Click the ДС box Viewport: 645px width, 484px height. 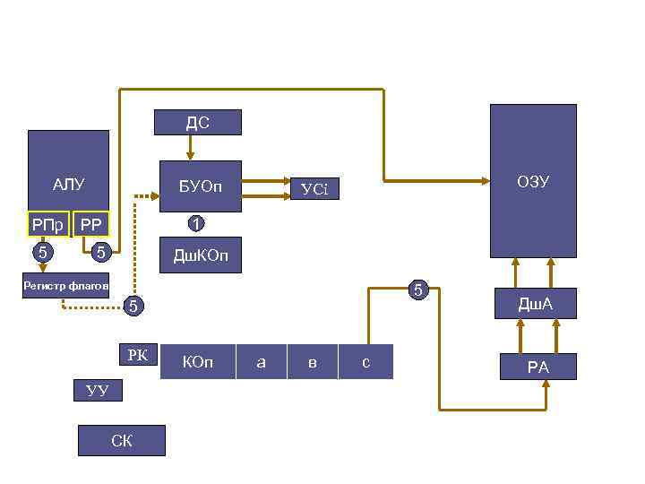[x=198, y=122]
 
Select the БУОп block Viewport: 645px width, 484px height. [x=200, y=186]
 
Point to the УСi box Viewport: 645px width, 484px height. [x=314, y=188]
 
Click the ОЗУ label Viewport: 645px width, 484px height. [x=532, y=182]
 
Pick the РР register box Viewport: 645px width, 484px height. [x=90, y=223]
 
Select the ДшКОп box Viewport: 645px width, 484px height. [x=200, y=257]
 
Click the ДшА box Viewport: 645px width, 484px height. [x=536, y=305]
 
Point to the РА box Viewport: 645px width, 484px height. [x=537, y=367]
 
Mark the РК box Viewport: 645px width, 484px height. [x=137, y=355]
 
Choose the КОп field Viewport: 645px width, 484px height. [x=197, y=362]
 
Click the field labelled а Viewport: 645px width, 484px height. [x=261, y=362]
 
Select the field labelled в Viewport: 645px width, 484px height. [x=312, y=362]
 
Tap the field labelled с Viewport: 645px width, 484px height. [x=365, y=362]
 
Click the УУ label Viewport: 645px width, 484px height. [x=97, y=390]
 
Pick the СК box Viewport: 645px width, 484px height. [x=122, y=440]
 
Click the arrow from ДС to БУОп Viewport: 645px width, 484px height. [x=191, y=148]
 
